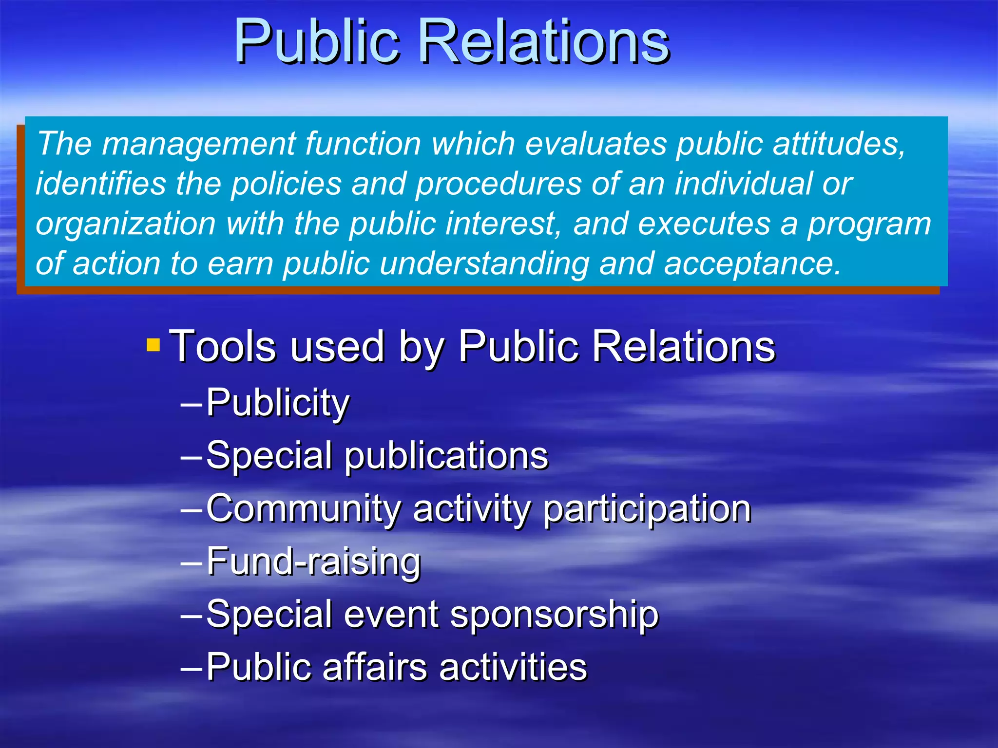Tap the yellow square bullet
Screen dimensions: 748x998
[153, 345]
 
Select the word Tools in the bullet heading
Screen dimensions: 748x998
[222, 346]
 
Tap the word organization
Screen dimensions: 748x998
[126, 224]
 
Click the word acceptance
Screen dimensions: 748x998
[752, 264]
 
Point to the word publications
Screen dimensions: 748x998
[446, 456]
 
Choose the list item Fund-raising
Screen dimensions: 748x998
[313, 561]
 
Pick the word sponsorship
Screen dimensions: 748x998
[554, 615]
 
